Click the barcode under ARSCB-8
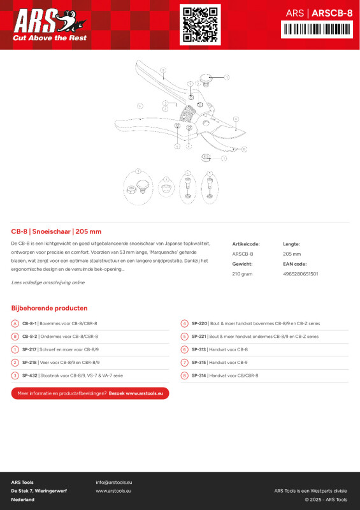click(x=317, y=29)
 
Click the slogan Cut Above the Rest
click(x=49, y=38)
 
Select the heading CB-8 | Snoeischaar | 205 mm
click(x=56, y=231)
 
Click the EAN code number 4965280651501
click(x=300, y=273)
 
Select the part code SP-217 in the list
click(x=29, y=349)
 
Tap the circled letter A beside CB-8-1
click(x=15, y=323)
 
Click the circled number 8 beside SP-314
click(x=184, y=375)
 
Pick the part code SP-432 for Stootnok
click(x=29, y=375)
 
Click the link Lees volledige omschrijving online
click(x=48, y=282)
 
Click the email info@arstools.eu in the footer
click(x=114, y=483)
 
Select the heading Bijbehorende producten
click(x=49, y=308)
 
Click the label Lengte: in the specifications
click(x=291, y=244)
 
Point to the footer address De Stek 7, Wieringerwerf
click(x=39, y=491)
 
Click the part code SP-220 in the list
click(x=200, y=323)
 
